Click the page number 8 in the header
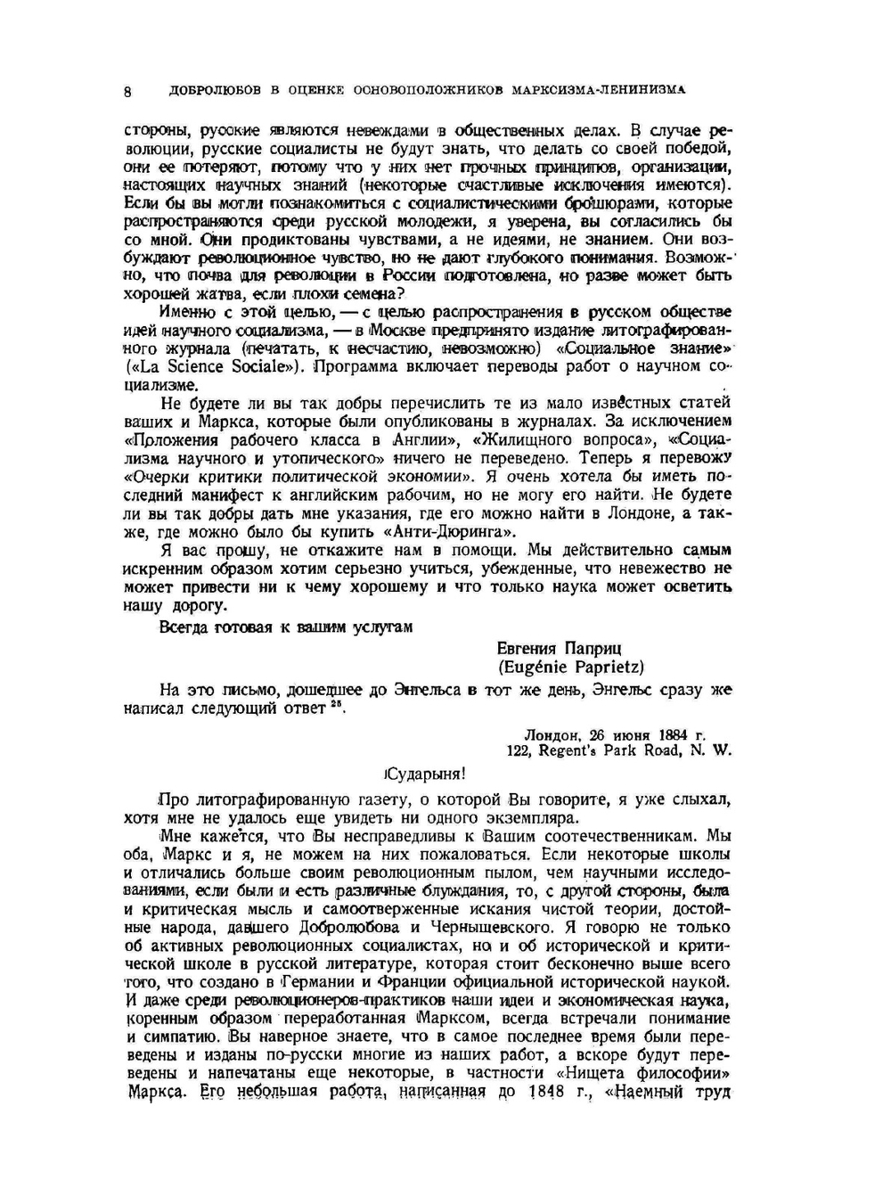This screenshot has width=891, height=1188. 128,90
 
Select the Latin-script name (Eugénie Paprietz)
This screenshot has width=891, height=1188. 570,667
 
